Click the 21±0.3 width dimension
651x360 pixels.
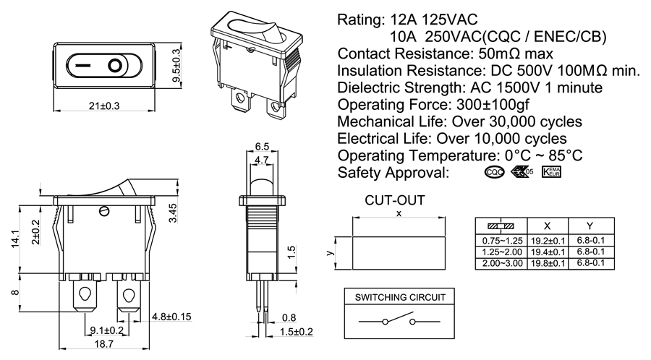[x=103, y=106]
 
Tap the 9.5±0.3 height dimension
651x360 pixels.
[x=174, y=66]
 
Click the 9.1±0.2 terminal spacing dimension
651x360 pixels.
[x=106, y=331]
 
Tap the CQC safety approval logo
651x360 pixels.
[x=494, y=173]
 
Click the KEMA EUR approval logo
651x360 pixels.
[x=551, y=173]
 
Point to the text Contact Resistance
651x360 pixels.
[x=402, y=54]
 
